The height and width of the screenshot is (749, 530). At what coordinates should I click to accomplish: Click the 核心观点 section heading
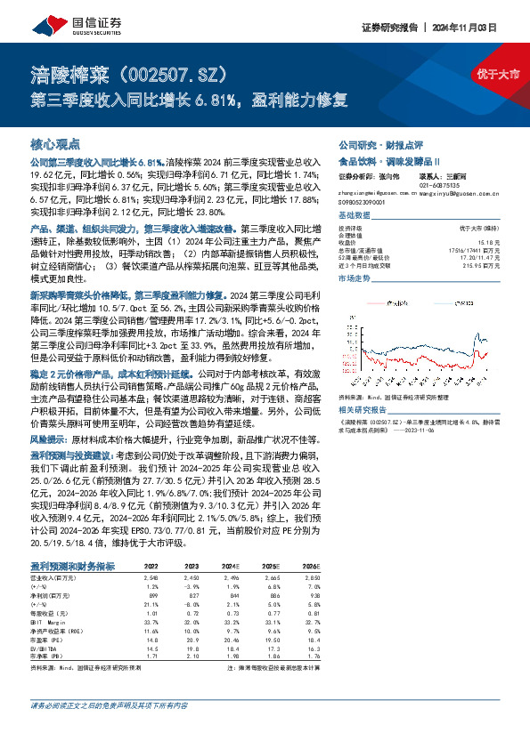[55, 143]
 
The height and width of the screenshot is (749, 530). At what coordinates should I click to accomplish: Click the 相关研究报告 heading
[366, 408]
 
